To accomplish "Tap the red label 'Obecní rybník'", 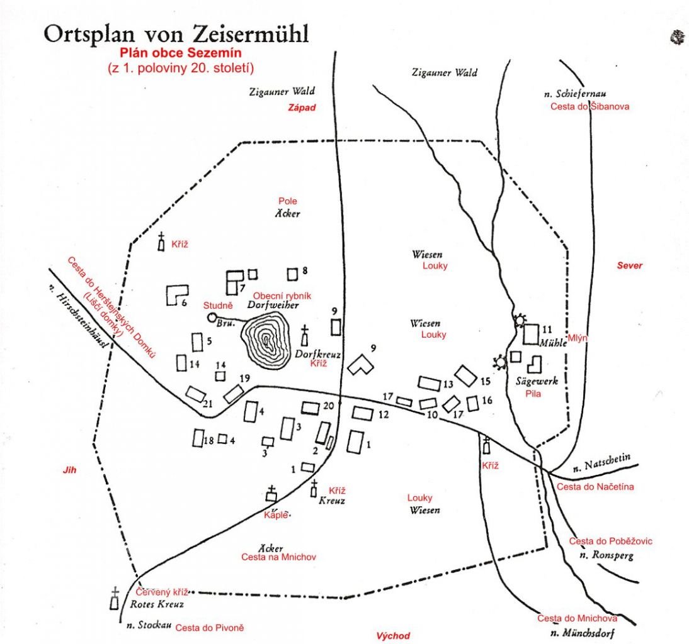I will point(282,296).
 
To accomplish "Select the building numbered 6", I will point(176,294).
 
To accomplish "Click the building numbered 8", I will point(292,274).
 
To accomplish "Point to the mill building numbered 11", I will point(532,333).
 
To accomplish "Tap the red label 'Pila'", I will point(533,394).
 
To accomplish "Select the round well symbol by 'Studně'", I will point(212,318).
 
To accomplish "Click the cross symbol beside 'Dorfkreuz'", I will point(305,336).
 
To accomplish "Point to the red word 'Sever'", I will point(629,265).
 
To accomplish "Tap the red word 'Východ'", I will point(393,635).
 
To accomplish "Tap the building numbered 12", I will point(363,413).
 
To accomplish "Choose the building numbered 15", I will point(466,375).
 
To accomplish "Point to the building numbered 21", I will point(196,394).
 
